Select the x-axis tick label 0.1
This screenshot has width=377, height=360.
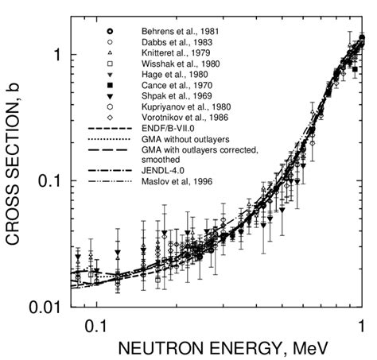click(x=95, y=323)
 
